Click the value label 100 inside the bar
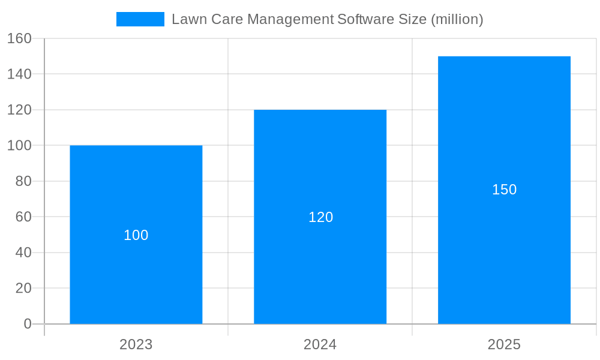pos(136,235)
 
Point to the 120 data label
pos(320,217)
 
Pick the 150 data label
pos(504,190)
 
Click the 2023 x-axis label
pos(136,344)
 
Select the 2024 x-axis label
pos(320,344)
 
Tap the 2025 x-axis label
pos(504,344)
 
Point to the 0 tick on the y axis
pos(28,324)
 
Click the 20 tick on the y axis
pos(23,288)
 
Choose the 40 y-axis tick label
pos(23,253)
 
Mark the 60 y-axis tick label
pos(23,217)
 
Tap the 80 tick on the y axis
pos(23,181)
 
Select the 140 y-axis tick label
pos(19,74)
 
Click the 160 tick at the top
pos(19,38)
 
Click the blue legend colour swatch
pos(140,19)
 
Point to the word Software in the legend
pos(365,19)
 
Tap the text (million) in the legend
pos(457,19)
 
